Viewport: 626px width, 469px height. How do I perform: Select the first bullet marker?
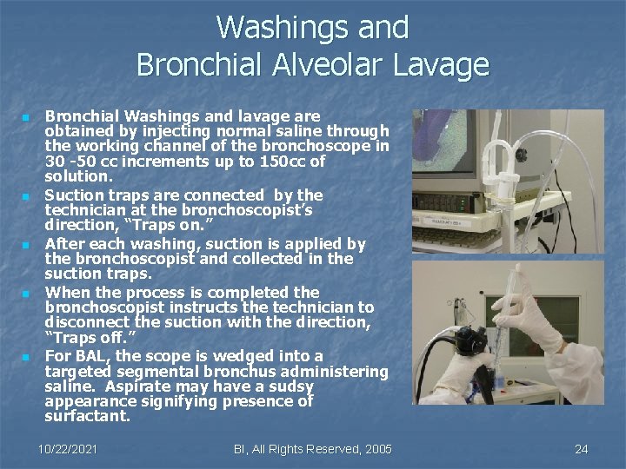27,117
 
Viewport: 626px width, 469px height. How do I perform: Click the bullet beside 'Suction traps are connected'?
27,196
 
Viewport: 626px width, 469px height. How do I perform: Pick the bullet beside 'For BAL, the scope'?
27,357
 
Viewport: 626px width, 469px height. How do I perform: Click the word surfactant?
87,417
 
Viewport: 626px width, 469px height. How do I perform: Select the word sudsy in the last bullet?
291,386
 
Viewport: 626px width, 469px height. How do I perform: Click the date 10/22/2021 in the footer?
68,449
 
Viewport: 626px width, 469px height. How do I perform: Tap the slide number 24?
582,449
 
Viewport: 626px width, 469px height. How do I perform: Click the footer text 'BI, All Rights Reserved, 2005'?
313,449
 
